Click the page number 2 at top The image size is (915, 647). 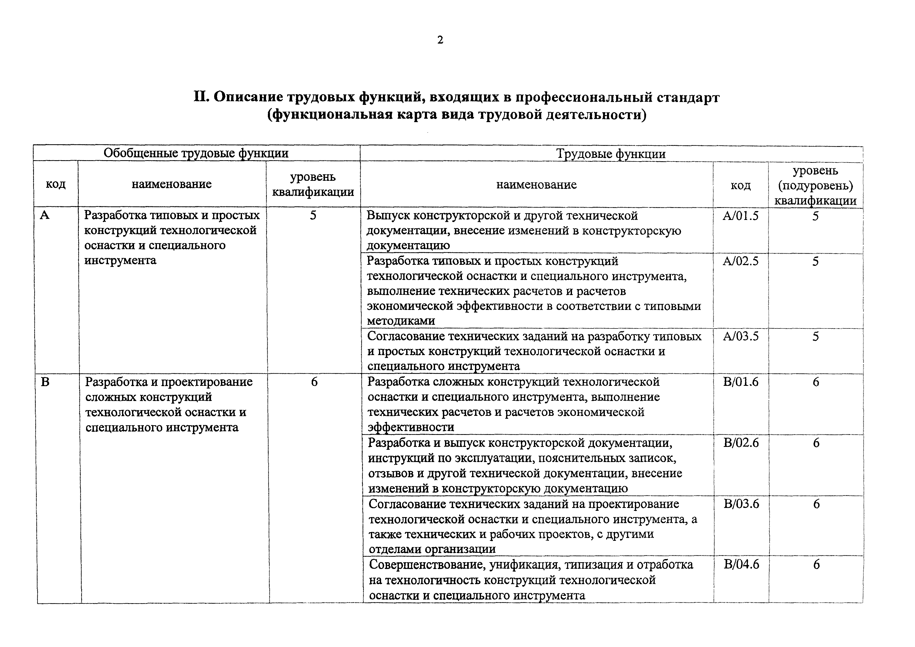click(440, 40)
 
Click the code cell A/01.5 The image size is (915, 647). click(741, 216)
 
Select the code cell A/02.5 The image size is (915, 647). click(741, 261)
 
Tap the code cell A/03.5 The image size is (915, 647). click(741, 337)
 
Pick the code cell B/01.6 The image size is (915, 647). click(741, 382)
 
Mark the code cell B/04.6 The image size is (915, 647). click(742, 565)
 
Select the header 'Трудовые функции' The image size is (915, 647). click(611, 154)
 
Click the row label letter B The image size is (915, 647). click(45, 382)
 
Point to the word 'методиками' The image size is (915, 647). click(401, 321)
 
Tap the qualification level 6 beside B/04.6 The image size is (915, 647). click(816, 565)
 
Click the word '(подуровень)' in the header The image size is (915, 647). click(815, 186)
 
